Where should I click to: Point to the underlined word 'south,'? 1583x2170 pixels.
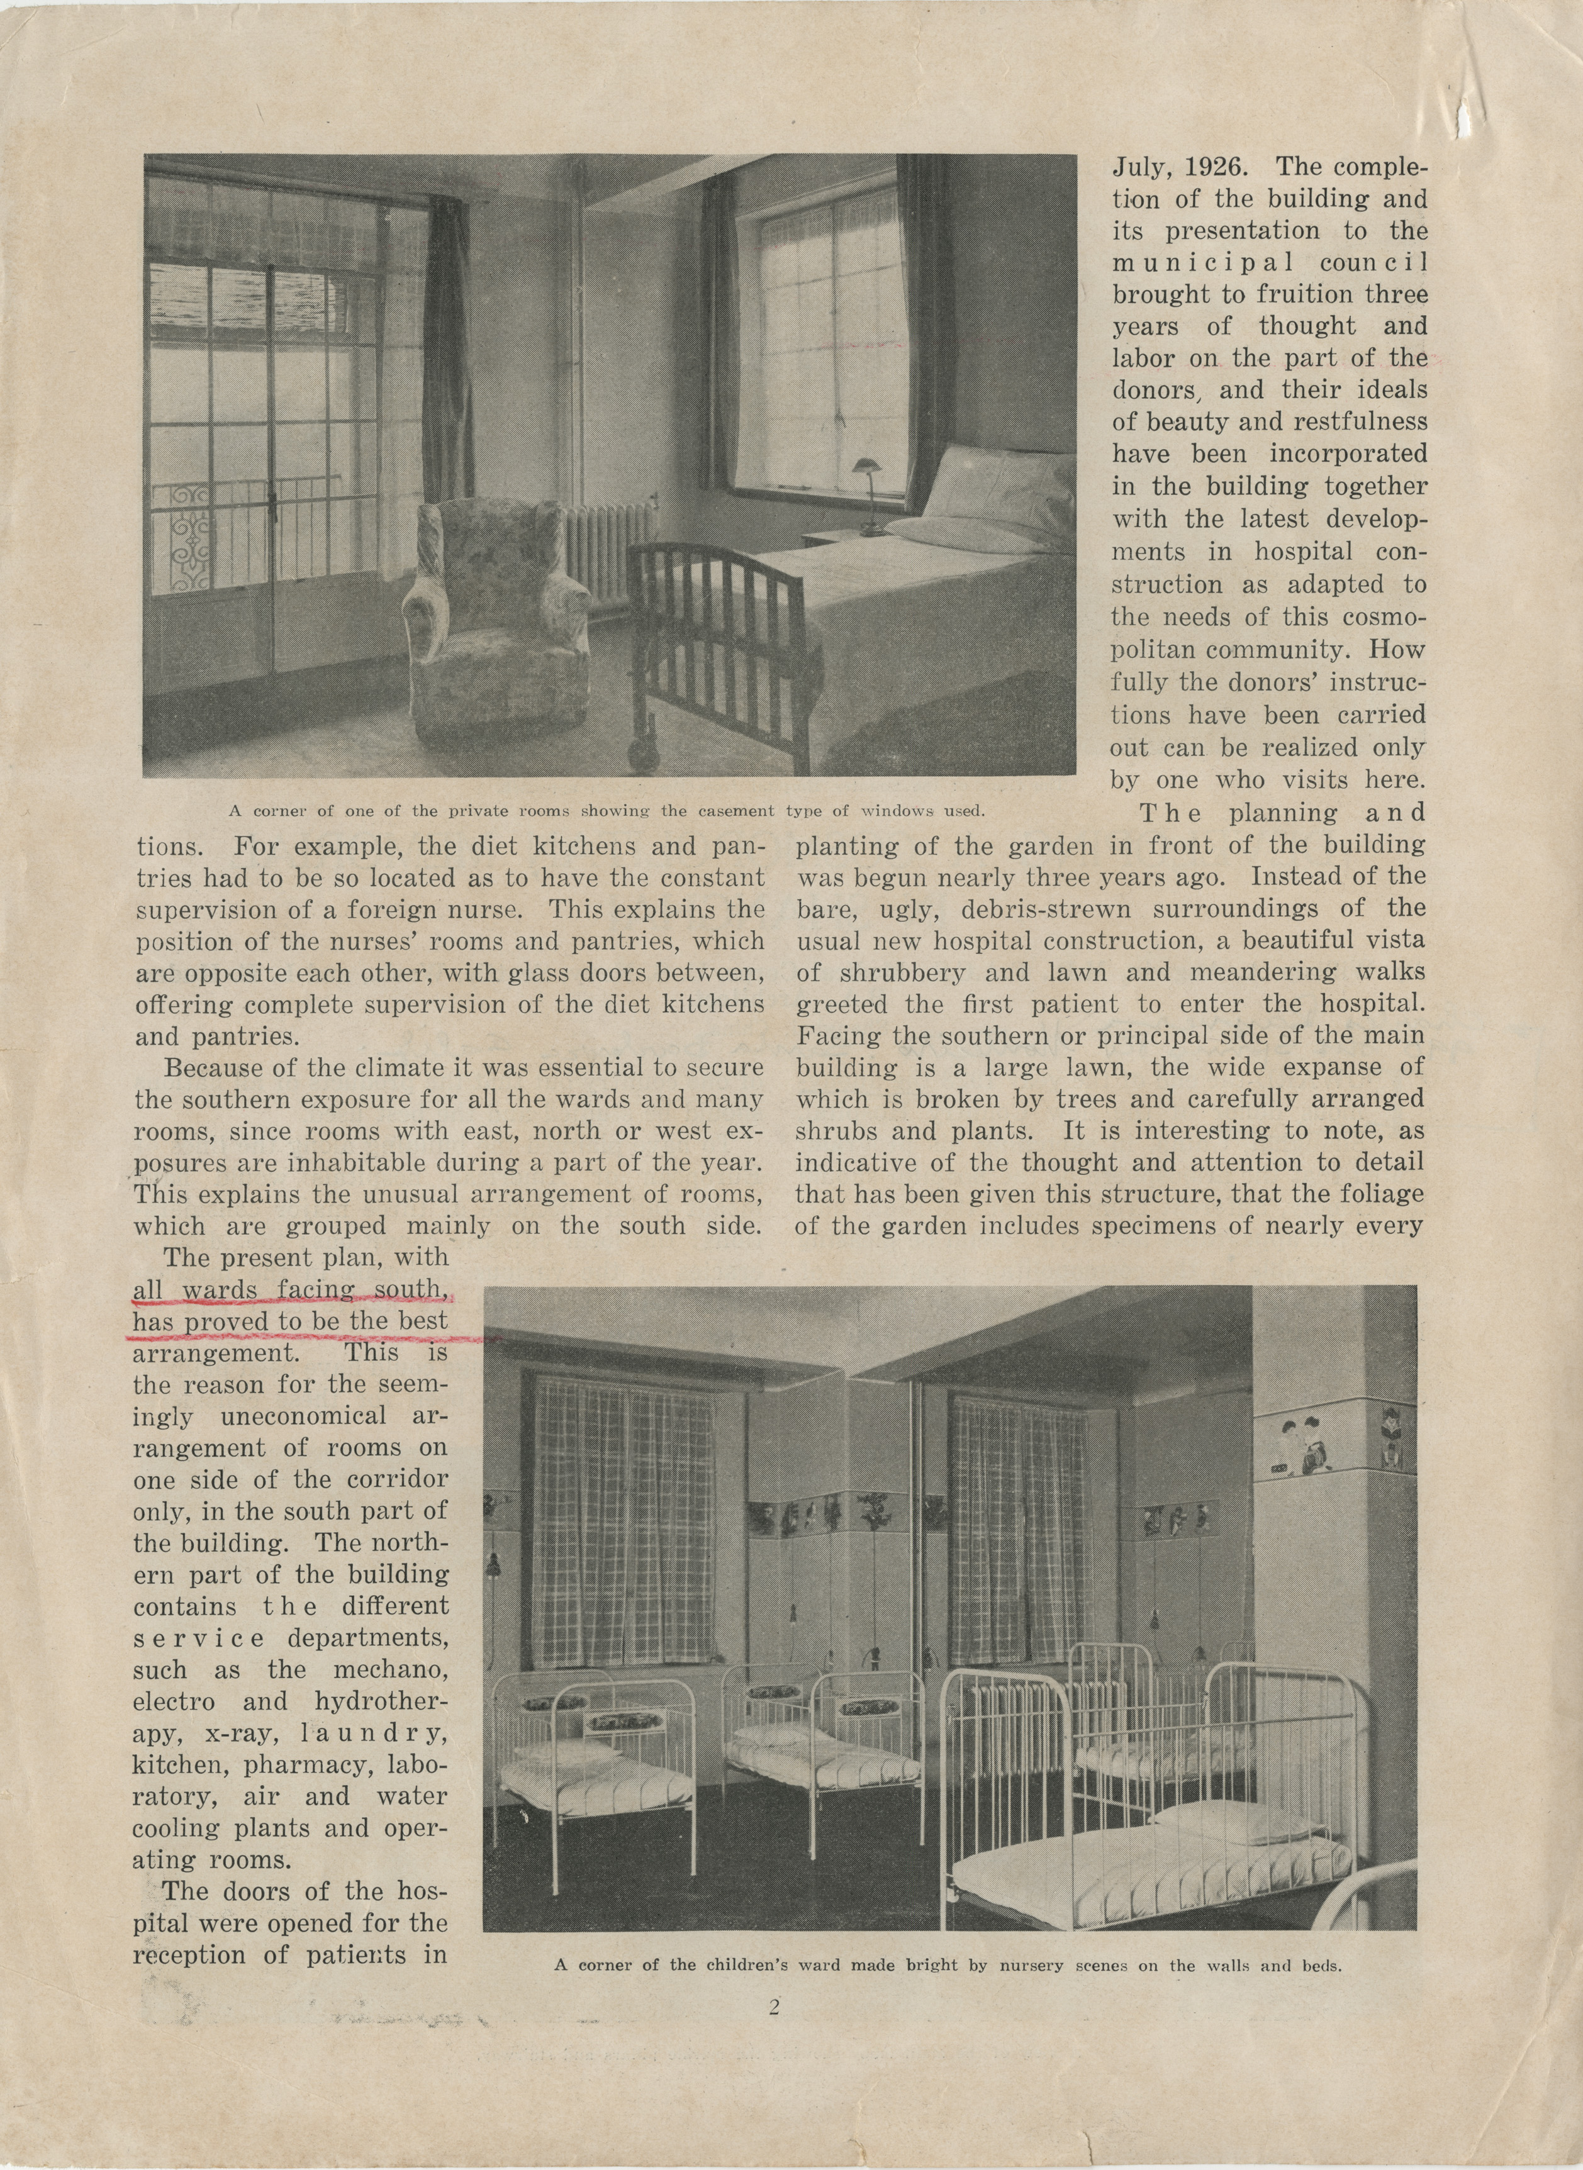[411, 1291]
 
